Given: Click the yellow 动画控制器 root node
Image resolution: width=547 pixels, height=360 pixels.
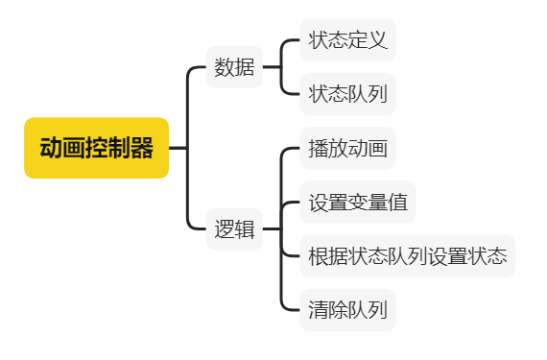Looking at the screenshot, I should [96, 148].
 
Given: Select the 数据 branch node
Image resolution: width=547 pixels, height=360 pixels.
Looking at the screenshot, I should [234, 68].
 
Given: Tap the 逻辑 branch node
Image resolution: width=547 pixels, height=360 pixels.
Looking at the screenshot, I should [234, 229].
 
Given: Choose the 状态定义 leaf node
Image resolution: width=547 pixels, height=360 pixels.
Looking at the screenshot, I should [347, 40].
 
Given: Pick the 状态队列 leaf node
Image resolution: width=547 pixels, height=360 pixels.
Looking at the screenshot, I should [347, 94].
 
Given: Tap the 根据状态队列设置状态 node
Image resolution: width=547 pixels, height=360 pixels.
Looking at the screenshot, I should [408, 256].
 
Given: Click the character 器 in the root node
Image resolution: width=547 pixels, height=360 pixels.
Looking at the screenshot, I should [142, 148].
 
